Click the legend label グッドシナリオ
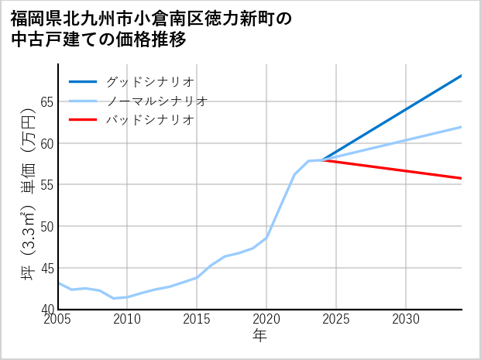pyautogui.click(x=149, y=81)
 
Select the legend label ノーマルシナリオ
pyautogui.click(x=156, y=101)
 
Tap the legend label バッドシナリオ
pyautogui.click(x=149, y=120)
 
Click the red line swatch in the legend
pyautogui.click(x=83, y=120)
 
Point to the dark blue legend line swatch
pyautogui.click(x=83, y=81)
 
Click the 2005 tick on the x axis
pyautogui.click(x=58, y=320)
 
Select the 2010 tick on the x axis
pyautogui.click(x=127, y=320)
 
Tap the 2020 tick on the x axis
pyautogui.click(x=266, y=320)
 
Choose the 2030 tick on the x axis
pyautogui.click(x=406, y=320)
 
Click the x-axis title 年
pyautogui.click(x=260, y=336)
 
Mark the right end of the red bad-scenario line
pyautogui.click(x=461, y=178)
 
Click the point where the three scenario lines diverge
pyautogui.click(x=322, y=160)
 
